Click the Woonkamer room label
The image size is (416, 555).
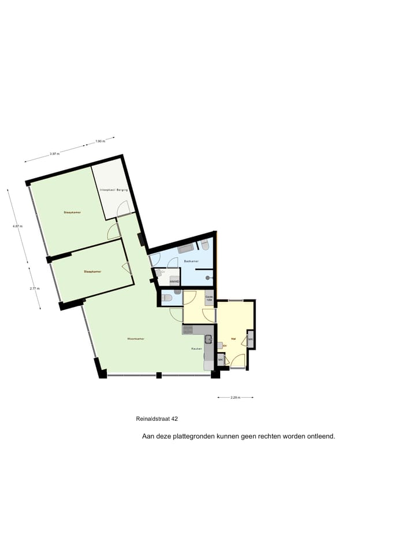click(136, 338)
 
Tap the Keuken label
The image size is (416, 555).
click(197, 349)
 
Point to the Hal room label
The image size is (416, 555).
click(233, 338)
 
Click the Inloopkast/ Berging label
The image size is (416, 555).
click(113, 190)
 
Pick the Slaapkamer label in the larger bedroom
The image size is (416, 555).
click(72, 213)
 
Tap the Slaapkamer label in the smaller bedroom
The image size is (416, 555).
click(92, 271)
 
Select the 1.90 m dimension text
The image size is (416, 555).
click(99, 141)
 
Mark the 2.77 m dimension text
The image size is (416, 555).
click(34, 288)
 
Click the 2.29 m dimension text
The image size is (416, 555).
click(235, 397)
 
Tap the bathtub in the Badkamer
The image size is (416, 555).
click(186, 249)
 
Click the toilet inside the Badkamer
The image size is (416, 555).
click(205, 245)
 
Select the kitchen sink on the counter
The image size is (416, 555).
click(209, 339)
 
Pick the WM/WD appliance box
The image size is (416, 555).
click(174, 282)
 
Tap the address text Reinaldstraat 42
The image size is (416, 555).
click(157, 419)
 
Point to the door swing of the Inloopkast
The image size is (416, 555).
click(123, 210)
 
